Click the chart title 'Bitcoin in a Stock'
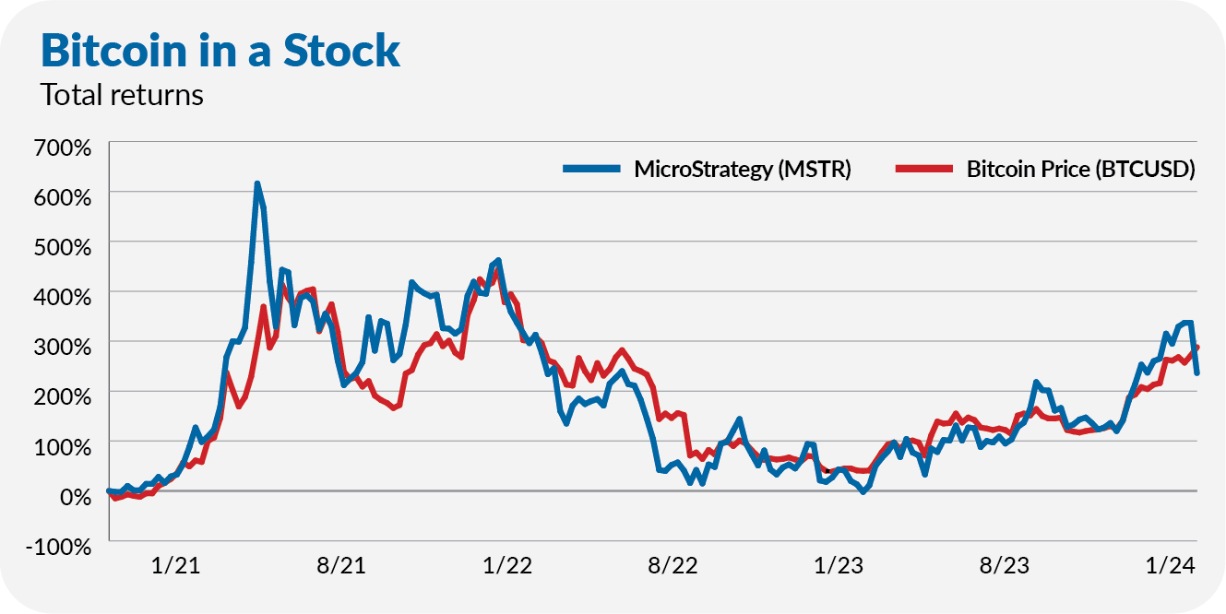[220, 51]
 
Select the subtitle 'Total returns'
[122, 95]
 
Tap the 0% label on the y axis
[76, 496]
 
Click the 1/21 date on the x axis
[175, 565]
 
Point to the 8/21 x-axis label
[340, 565]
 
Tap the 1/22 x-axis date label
[506, 565]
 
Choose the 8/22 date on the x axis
[673, 565]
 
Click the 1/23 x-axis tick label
[839, 565]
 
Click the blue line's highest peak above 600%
[257, 183]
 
